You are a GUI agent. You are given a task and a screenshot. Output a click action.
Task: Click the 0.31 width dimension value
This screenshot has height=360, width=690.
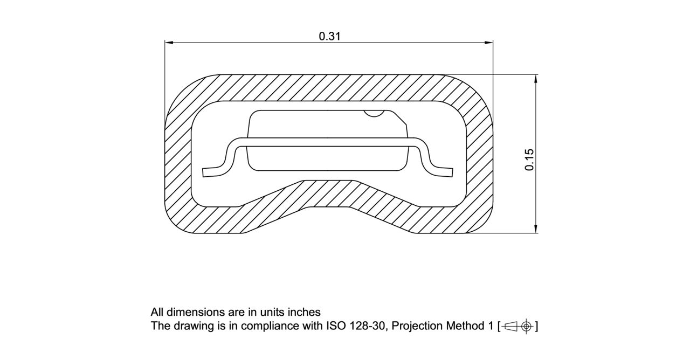329,36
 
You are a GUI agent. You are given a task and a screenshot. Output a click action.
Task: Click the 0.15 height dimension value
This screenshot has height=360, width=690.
529,160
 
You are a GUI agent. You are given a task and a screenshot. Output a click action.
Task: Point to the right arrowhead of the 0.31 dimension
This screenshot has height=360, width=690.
489,42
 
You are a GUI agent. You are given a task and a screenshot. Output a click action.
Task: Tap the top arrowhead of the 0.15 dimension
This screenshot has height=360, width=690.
535,79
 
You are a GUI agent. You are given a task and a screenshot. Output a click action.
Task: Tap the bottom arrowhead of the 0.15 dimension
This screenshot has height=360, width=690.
535,229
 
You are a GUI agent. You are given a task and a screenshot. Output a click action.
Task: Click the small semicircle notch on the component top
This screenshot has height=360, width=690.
373,113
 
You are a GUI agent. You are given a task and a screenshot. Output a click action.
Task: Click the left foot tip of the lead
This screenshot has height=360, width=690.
205,172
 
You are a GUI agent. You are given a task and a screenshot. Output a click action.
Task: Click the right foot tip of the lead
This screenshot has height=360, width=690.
451,172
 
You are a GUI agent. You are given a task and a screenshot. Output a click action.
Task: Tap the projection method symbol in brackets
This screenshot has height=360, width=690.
517,326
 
